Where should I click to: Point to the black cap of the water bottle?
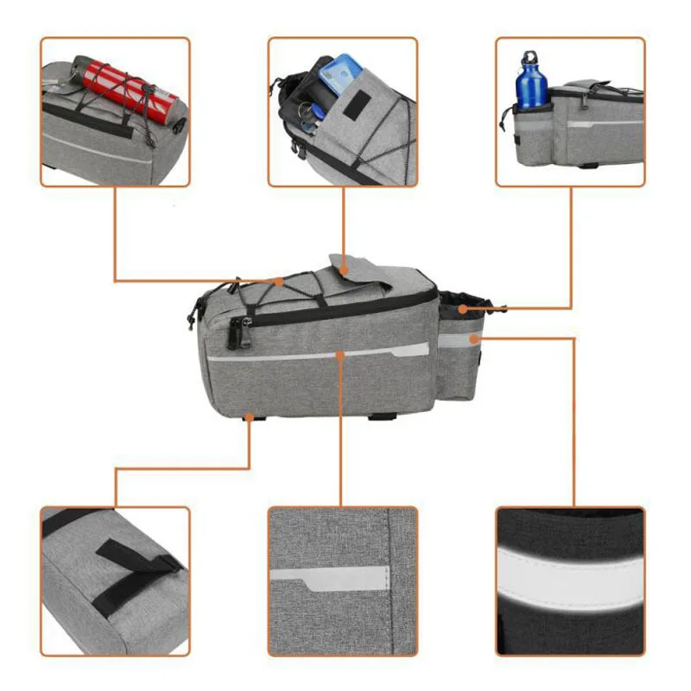529,59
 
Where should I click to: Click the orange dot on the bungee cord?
278,282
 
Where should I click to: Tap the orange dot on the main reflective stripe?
342,353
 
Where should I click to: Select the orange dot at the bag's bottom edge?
249,416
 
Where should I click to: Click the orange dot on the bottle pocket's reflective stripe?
473,339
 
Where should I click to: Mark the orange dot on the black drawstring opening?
465,307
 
